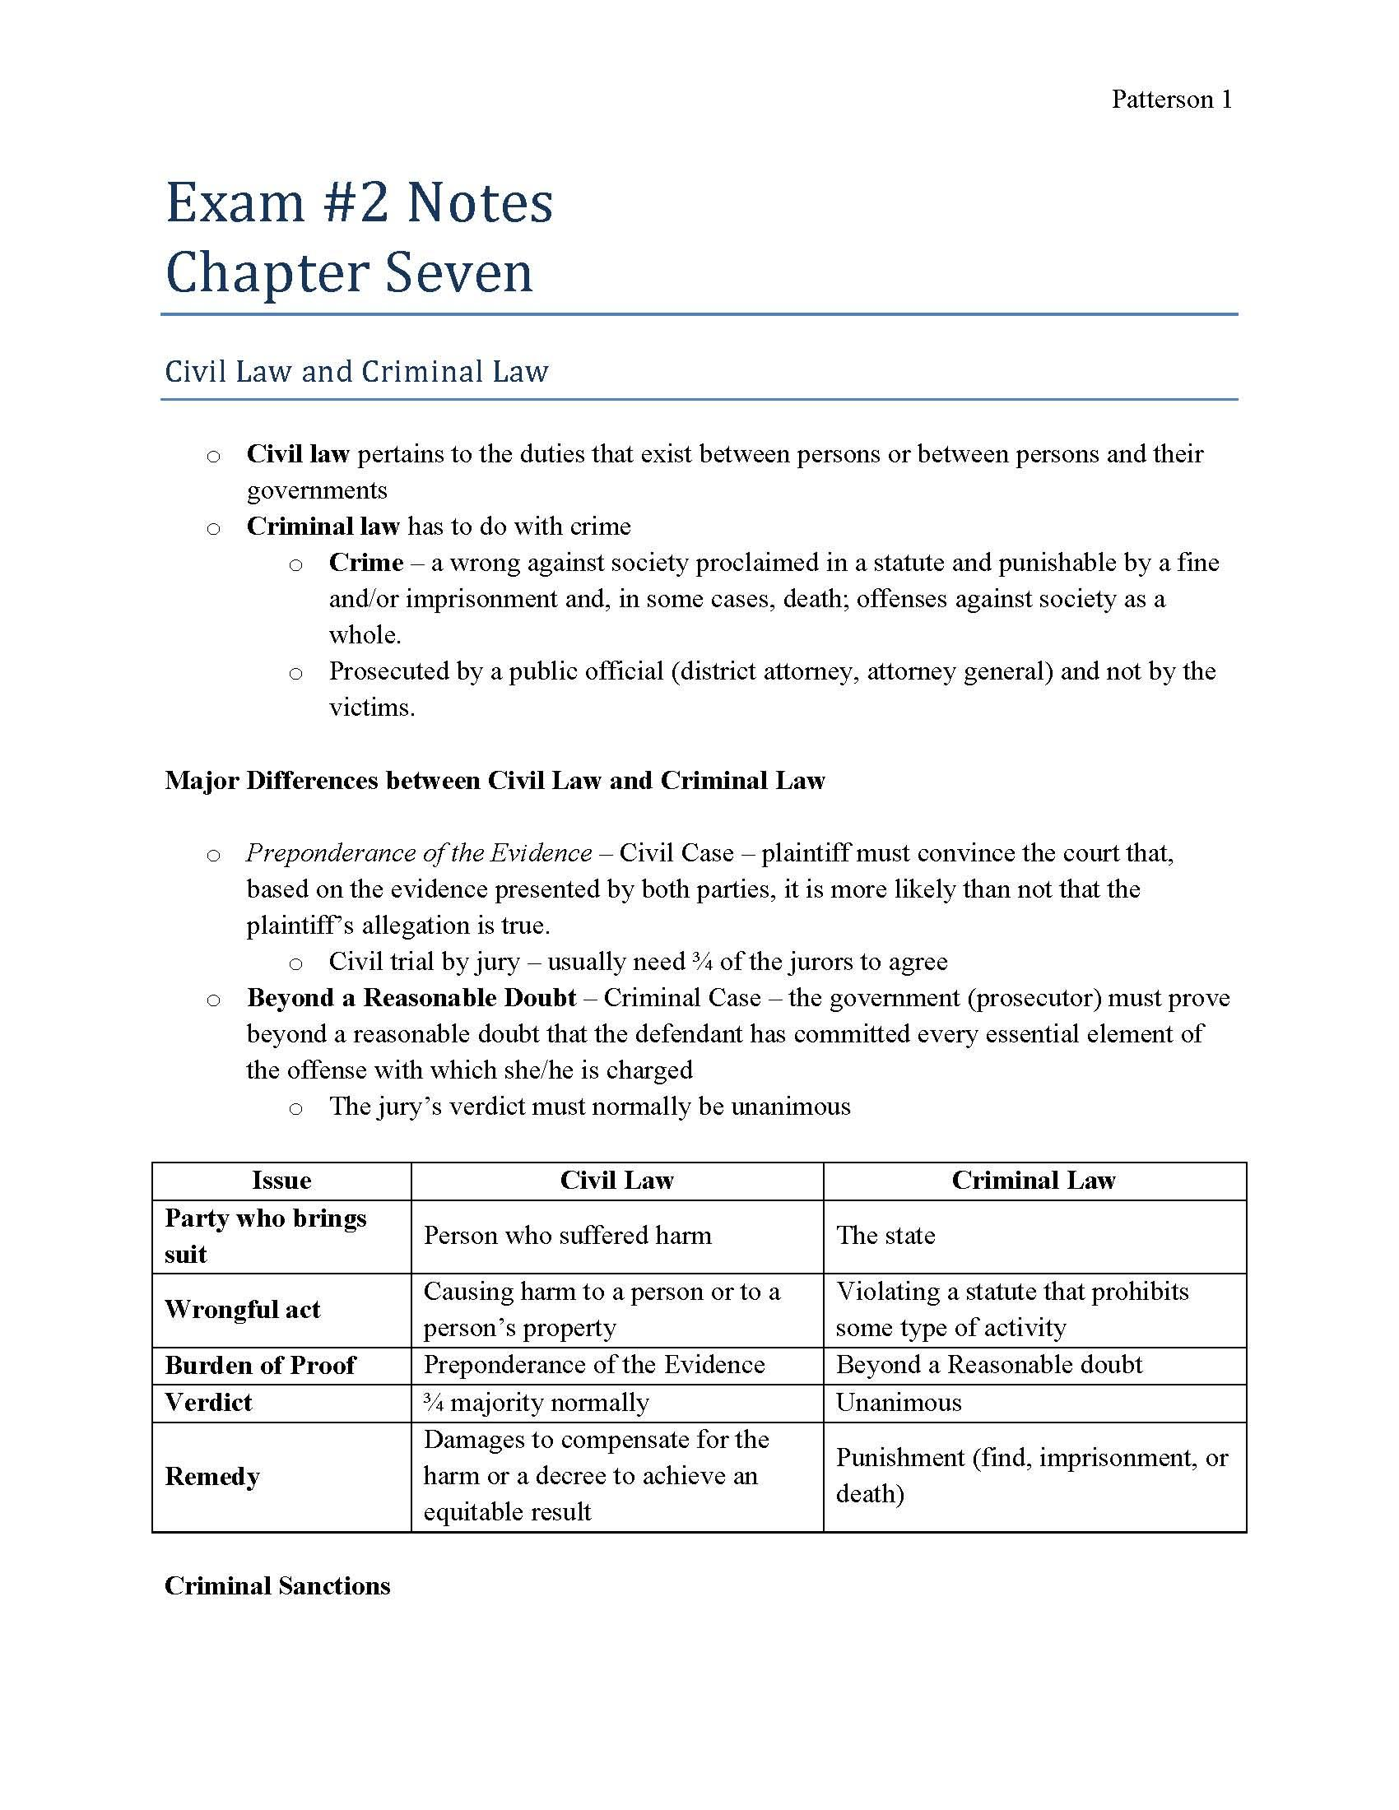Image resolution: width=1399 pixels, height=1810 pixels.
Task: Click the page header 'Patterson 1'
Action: click(1171, 100)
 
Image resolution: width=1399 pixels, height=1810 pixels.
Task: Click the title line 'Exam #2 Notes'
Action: click(359, 202)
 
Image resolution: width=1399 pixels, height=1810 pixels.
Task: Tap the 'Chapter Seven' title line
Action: click(349, 272)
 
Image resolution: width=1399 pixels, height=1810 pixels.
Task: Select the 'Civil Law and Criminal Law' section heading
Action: click(356, 371)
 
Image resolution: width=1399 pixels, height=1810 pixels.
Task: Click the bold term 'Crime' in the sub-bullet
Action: click(365, 562)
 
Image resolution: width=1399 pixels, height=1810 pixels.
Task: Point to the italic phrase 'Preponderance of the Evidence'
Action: click(419, 852)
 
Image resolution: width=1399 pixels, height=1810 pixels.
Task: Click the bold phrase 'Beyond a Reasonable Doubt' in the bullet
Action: click(411, 997)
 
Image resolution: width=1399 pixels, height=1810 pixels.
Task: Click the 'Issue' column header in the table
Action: click(281, 1180)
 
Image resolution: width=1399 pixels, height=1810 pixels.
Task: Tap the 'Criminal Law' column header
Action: click(1033, 1180)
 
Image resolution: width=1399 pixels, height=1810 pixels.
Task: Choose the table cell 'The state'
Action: click(885, 1235)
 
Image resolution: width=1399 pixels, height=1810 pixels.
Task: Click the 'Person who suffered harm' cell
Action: click(567, 1235)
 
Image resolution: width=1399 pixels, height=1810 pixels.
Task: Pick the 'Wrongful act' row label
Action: click(242, 1309)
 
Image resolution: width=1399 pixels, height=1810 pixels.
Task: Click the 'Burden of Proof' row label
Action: click(259, 1364)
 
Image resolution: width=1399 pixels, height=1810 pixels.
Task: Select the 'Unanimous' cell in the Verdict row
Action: click(899, 1401)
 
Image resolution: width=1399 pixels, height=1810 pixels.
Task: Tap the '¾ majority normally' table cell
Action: click(536, 1401)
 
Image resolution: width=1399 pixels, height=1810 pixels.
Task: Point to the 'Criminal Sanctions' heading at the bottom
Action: click(277, 1585)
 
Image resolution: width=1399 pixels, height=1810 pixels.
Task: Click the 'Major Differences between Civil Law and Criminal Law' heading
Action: click(495, 780)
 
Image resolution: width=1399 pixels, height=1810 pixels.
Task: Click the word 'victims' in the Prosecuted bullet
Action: click(370, 707)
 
